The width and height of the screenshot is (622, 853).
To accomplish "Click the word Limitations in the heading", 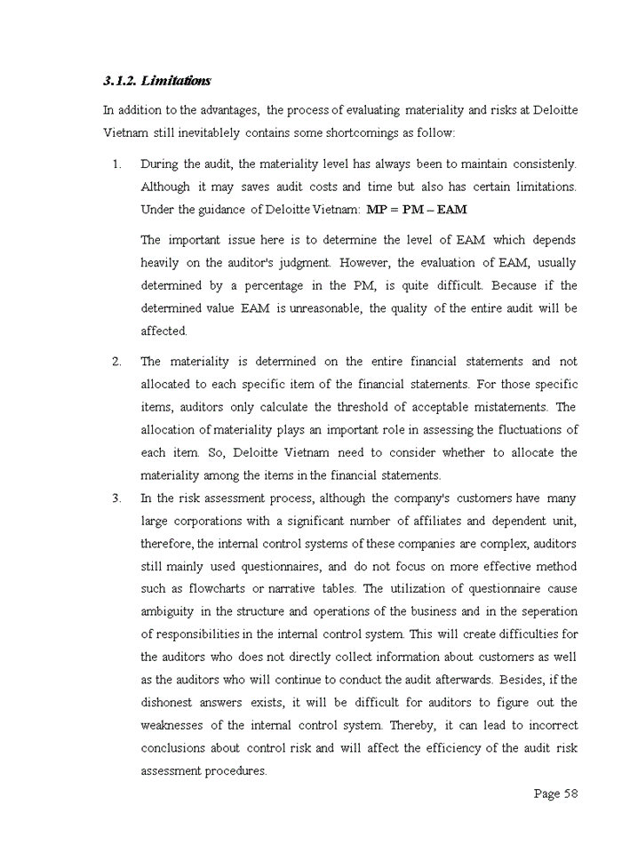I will (176, 81).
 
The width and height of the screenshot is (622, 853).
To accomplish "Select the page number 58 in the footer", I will (570, 793).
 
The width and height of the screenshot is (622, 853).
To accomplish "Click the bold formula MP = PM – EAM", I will (416, 210).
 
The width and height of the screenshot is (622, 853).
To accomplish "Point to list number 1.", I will (116, 164).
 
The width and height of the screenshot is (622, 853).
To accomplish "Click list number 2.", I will (116, 362).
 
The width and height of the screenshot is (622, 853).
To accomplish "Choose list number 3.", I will (116, 498).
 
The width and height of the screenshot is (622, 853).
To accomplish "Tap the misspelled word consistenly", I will (543, 164).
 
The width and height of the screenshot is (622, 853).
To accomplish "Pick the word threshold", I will (367, 407).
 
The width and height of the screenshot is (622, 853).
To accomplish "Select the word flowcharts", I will (218, 589).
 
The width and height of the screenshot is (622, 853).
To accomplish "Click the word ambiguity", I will (171, 611).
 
